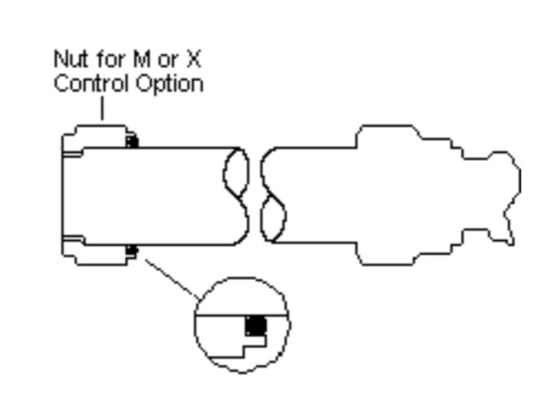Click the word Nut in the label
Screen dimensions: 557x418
[71, 59]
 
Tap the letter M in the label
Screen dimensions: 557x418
[141, 59]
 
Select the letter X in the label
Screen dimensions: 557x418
[194, 59]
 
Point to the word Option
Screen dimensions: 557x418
[170, 85]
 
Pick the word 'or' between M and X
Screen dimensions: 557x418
[168, 60]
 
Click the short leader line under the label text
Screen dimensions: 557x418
[103, 109]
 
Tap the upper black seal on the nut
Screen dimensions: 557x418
[132, 141]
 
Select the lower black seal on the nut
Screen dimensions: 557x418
[132, 250]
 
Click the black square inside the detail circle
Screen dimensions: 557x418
[256, 326]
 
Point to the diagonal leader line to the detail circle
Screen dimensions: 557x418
[172, 279]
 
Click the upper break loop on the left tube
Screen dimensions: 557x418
[236, 172]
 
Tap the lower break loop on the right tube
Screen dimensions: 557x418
[273, 219]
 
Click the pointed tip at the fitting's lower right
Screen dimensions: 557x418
[512, 244]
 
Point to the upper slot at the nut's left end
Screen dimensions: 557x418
[72, 154]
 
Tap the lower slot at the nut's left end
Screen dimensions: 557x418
[73, 238]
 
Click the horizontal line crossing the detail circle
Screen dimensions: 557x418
[241, 315]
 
